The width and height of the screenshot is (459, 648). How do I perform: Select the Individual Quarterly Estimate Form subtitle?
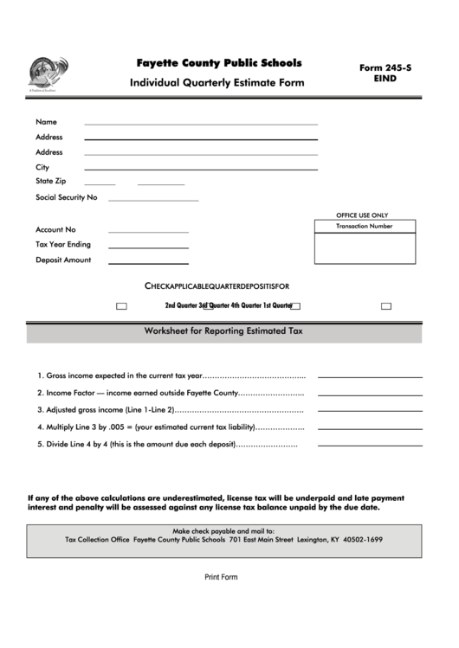(217, 84)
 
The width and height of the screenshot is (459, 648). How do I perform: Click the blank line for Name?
(200, 124)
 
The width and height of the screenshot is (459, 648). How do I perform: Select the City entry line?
(200, 169)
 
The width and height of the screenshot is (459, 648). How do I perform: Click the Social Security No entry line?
(153, 200)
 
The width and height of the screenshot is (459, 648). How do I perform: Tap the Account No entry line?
(147, 232)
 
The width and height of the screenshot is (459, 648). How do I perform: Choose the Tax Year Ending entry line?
(147, 247)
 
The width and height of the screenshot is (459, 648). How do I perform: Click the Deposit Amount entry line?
(147, 262)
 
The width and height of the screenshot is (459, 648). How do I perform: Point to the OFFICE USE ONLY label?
(362, 215)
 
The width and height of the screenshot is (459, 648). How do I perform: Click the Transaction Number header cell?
(365, 227)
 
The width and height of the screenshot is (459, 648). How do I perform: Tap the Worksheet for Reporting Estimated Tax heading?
(223, 331)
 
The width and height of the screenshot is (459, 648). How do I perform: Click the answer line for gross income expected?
(370, 377)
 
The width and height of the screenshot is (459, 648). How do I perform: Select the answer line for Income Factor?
(370, 394)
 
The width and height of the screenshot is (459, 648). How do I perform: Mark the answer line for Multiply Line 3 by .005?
(370, 428)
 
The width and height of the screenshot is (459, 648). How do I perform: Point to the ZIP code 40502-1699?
(363, 540)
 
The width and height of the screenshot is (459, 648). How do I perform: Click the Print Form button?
(221, 577)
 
